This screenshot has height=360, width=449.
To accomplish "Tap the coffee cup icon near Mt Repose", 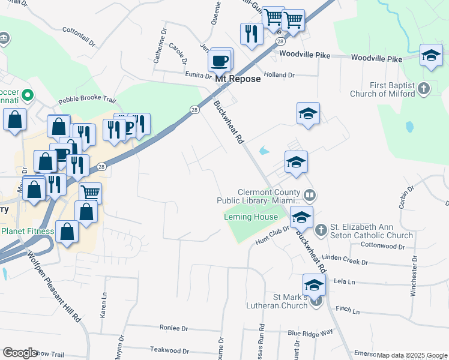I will [x=220, y=61].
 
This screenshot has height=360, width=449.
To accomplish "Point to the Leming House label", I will [x=251, y=217].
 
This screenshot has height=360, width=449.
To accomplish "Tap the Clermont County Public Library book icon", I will [x=310, y=195].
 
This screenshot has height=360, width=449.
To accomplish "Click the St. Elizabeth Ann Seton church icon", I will [x=321, y=230].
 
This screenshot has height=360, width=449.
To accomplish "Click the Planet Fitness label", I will [x=28, y=231].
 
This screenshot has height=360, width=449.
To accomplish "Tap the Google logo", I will [x=20, y=352].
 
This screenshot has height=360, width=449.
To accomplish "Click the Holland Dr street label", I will [x=280, y=75].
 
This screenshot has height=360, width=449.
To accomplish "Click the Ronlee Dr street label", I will [x=174, y=328].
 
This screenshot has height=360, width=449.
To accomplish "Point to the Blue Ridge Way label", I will [x=310, y=332].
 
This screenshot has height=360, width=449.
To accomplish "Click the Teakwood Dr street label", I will [x=166, y=349].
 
